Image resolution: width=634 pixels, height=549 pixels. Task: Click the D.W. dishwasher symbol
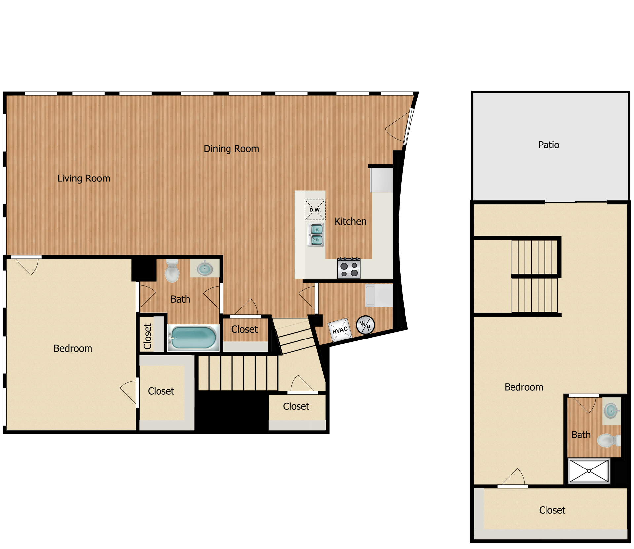tap(315, 210)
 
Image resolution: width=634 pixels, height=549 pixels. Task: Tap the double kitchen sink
tap(316, 235)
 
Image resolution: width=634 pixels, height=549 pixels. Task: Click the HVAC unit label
tap(340, 330)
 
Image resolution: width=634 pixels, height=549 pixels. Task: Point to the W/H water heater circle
tap(365, 325)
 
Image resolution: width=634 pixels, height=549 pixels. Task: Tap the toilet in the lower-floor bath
tap(172, 272)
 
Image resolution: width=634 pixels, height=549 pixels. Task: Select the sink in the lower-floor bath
tap(205, 269)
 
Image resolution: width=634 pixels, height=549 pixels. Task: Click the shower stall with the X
tap(589, 471)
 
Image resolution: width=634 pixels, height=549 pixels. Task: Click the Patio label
tap(548, 145)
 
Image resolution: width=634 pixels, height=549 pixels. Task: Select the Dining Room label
tap(231, 149)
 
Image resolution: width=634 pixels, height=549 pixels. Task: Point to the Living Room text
tap(84, 178)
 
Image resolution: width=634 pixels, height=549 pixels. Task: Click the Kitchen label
tap(350, 221)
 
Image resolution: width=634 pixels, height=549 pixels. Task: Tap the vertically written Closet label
tap(147, 336)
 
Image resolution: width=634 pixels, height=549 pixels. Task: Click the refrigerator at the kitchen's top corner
tap(381, 180)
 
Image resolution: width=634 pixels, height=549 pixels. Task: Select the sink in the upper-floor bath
tap(611, 411)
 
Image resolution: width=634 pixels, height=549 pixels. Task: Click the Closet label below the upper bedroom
tap(552, 510)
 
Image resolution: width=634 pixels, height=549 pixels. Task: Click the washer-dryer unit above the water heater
tap(379, 295)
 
